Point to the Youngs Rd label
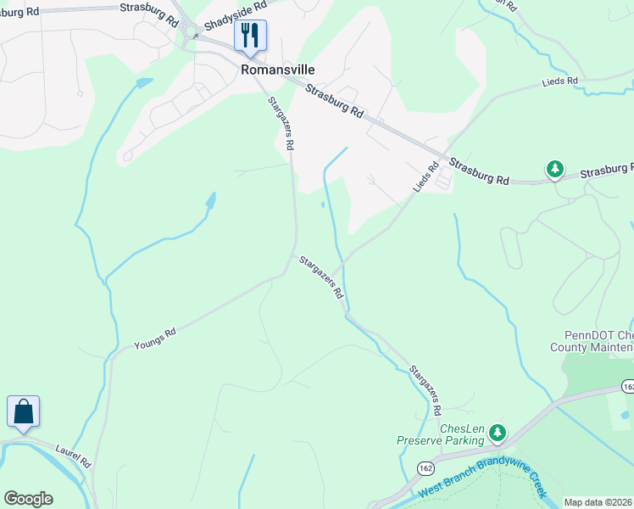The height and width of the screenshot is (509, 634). (x=154, y=338)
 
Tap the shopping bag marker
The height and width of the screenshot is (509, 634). (x=24, y=412)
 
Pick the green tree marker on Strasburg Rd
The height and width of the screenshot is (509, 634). (x=555, y=170)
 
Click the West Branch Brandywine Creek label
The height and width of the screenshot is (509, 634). (x=480, y=480)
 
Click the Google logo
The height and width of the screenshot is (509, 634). (x=27, y=499)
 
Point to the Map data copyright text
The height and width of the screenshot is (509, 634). (x=598, y=502)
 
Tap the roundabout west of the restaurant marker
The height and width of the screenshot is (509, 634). (x=192, y=34)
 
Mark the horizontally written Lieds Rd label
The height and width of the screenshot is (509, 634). (x=560, y=81)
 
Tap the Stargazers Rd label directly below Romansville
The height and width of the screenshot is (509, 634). (x=281, y=124)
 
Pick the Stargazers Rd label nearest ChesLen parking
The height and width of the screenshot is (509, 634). (x=425, y=389)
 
